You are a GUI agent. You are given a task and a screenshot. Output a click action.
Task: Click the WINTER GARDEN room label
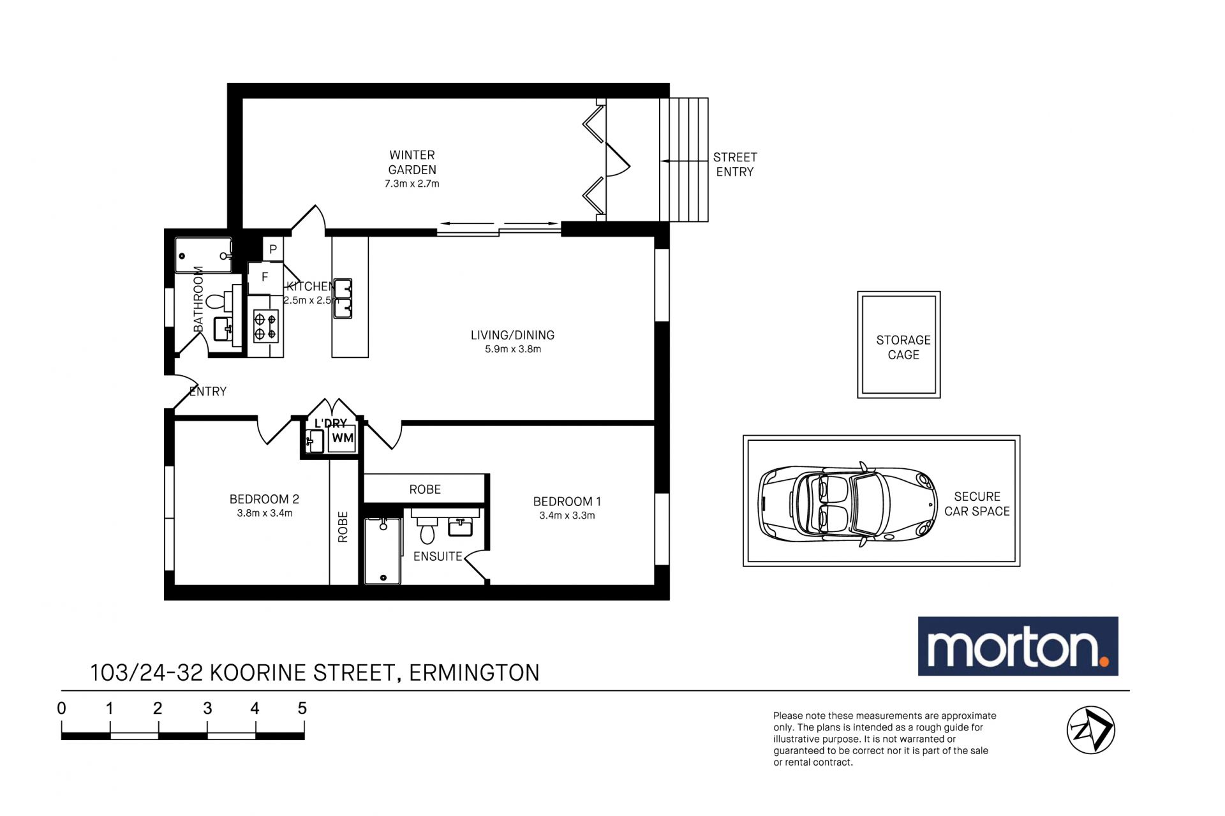click(412, 163)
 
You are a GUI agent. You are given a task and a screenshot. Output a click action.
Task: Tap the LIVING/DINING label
click(512, 335)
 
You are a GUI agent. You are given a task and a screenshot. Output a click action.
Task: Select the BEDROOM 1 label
click(567, 501)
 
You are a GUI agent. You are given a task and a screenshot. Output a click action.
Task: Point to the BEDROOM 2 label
click(264, 499)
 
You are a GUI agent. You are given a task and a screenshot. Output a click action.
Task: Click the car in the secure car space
click(848, 503)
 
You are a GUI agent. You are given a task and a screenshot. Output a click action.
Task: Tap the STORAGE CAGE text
click(903, 347)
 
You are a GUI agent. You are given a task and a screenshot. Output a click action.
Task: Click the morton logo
click(1018, 646)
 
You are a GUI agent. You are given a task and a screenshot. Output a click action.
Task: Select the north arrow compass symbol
click(1090, 730)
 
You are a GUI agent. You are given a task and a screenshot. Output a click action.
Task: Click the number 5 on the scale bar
click(302, 708)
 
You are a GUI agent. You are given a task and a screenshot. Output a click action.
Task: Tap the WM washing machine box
click(343, 438)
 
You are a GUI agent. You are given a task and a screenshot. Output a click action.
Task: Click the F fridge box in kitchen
click(265, 278)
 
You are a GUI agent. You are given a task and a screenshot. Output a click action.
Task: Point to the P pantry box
click(273, 249)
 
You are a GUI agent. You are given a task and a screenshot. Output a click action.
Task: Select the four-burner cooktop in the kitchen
click(266, 326)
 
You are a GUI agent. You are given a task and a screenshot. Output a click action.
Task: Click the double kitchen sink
click(343, 298)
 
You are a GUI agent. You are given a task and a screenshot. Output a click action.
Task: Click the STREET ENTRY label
click(735, 165)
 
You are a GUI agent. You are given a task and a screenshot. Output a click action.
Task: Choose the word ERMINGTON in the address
click(474, 673)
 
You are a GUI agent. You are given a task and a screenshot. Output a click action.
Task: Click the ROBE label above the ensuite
click(425, 489)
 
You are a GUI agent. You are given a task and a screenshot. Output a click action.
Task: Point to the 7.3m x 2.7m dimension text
click(412, 184)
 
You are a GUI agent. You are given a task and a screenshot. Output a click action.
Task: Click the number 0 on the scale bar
click(61, 708)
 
